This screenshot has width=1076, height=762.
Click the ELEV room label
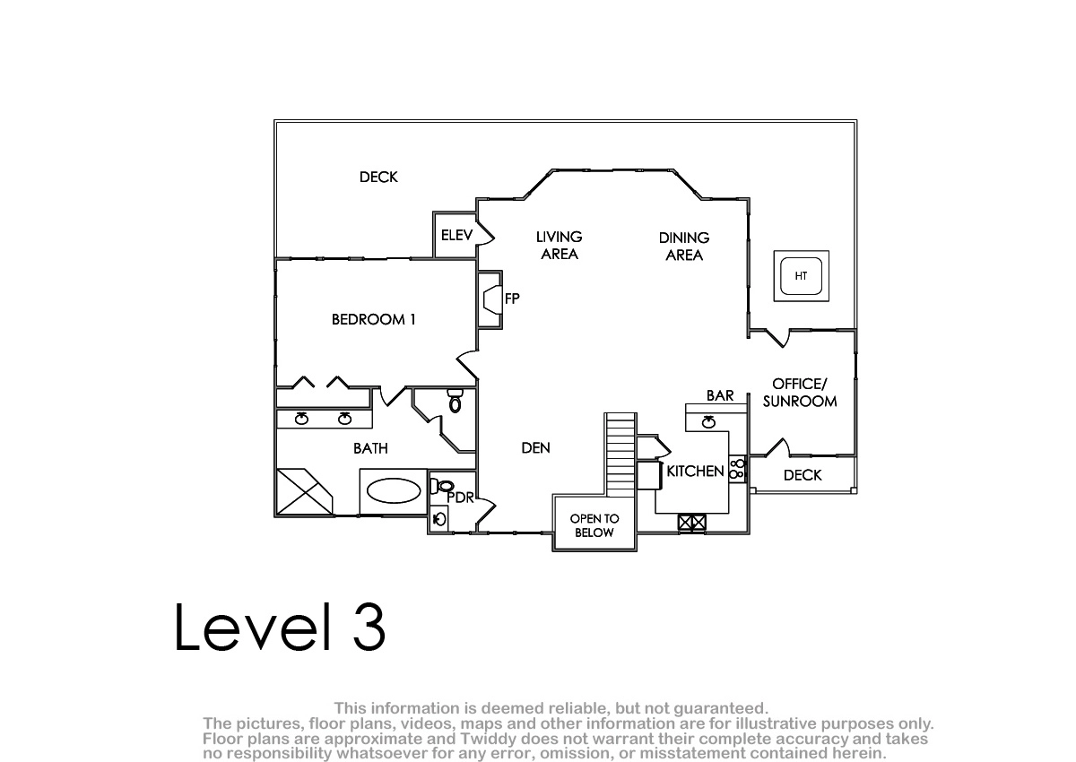click(456, 235)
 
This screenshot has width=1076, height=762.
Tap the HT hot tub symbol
click(801, 276)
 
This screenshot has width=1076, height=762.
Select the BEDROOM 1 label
click(373, 319)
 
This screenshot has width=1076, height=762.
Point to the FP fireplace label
click(512, 299)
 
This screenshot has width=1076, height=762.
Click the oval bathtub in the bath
click(394, 490)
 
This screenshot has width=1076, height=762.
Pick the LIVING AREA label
click(560, 246)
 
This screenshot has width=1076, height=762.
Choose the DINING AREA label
click(684, 247)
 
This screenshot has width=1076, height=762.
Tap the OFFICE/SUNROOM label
click(800, 393)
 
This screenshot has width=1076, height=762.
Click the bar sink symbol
click(708, 422)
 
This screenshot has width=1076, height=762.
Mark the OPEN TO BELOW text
click(594, 525)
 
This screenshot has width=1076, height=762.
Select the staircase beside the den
click(620, 455)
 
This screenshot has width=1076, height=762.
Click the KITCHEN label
click(695, 471)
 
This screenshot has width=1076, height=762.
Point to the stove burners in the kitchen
click(737, 469)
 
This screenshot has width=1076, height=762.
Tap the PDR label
click(460, 498)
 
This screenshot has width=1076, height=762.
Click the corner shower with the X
click(305, 491)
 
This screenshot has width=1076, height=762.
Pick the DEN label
click(535, 448)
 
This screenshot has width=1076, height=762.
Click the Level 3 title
click(280, 628)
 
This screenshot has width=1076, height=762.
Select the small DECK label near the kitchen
click(803, 475)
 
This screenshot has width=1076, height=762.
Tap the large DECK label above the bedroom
click(378, 178)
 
